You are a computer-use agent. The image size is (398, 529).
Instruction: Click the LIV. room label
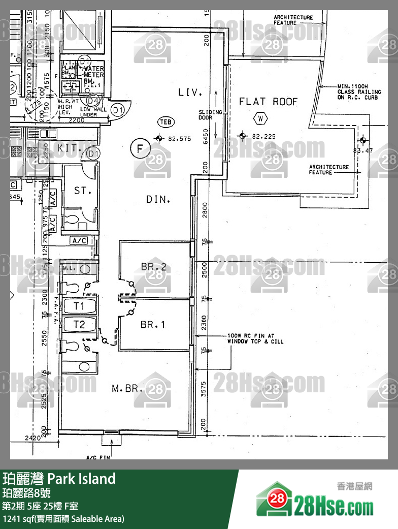[x=190, y=92]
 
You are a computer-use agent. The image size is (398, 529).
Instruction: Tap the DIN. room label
[x=158, y=200]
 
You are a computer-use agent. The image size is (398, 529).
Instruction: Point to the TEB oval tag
[x=166, y=122]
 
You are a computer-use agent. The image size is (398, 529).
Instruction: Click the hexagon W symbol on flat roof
[x=260, y=118]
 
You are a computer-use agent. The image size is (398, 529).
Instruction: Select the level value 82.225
[x=263, y=136]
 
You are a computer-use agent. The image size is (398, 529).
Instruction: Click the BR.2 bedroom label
[x=154, y=266]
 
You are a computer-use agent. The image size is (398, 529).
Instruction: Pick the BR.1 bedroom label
[x=153, y=324]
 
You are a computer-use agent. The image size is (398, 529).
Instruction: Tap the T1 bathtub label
[x=79, y=306]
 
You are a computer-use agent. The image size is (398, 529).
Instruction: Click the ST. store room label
[x=82, y=191]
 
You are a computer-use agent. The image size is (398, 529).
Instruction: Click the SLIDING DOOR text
[x=211, y=115]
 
